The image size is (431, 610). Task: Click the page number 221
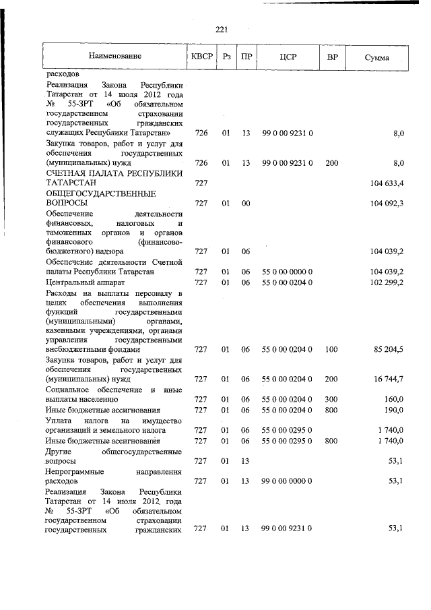click(223, 28)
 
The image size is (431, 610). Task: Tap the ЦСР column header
click(288, 58)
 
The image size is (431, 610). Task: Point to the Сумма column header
click(376, 58)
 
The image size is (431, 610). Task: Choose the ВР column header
click(331, 58)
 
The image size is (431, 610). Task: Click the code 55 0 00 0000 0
click(287, 271)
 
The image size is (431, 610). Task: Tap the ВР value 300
click(331, 400)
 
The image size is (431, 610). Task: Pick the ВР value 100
click(331, 350)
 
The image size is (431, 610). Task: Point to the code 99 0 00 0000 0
click(287, 481)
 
